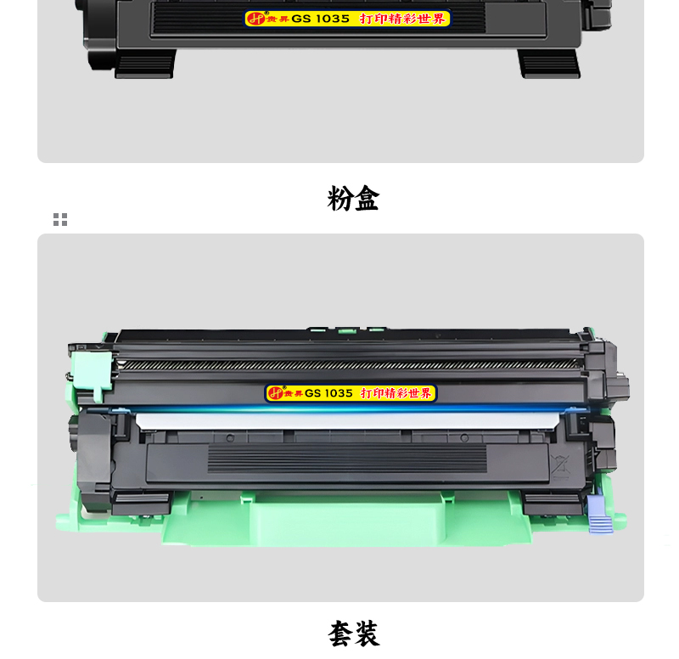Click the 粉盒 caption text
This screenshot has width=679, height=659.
pos(353,199)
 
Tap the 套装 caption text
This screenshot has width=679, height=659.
pos(354,634)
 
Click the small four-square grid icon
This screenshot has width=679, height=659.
pos(60,219)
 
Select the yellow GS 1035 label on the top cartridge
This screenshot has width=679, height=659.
pos(347,19)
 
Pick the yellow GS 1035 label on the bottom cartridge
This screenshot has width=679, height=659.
pos(351,393)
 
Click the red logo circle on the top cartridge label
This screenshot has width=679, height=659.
pos(255,19)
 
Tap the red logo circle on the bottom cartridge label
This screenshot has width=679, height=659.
pos(275,393)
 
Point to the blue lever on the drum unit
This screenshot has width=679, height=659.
pos(599,515)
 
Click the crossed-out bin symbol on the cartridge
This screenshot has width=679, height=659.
pos(560,466)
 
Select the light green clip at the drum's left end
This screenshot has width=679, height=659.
pos(91,374)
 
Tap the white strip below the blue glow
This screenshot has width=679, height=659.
pos(347,421)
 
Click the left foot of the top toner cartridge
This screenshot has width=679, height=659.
pos(144,63)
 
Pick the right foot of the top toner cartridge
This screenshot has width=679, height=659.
pos(549,63)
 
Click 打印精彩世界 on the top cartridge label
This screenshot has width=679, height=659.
pos(402,19)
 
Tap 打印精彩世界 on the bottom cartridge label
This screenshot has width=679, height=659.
pos(396,393)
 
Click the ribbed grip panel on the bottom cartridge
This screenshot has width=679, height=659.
pos(347,458)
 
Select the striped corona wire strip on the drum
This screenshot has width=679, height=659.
pos(347,365)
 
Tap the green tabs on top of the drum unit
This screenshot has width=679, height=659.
pos(347,330)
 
